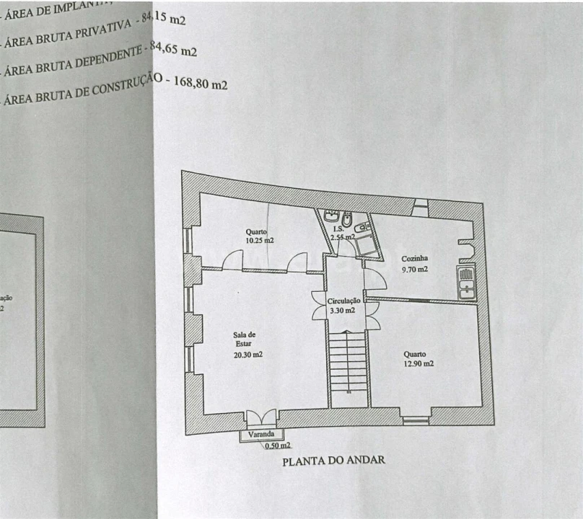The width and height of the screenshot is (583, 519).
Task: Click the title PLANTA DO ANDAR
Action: tap(333, 460)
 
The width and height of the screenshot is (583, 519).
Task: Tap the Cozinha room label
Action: tap(416, 258)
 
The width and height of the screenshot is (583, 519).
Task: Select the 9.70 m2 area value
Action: tap(415, 270)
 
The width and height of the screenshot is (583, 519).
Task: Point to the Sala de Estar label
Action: tap(244, 339)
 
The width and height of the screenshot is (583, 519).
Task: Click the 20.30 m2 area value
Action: tap(247, 355)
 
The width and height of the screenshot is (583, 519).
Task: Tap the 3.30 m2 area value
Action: tap(342, 311)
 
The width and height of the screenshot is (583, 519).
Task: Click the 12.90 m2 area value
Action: tap(418, 364)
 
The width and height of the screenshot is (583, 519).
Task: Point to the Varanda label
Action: tap(261, 435)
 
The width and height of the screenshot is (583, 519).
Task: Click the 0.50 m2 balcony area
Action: tap(278, 445)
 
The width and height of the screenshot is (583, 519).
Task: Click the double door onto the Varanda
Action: tap(260, 417)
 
